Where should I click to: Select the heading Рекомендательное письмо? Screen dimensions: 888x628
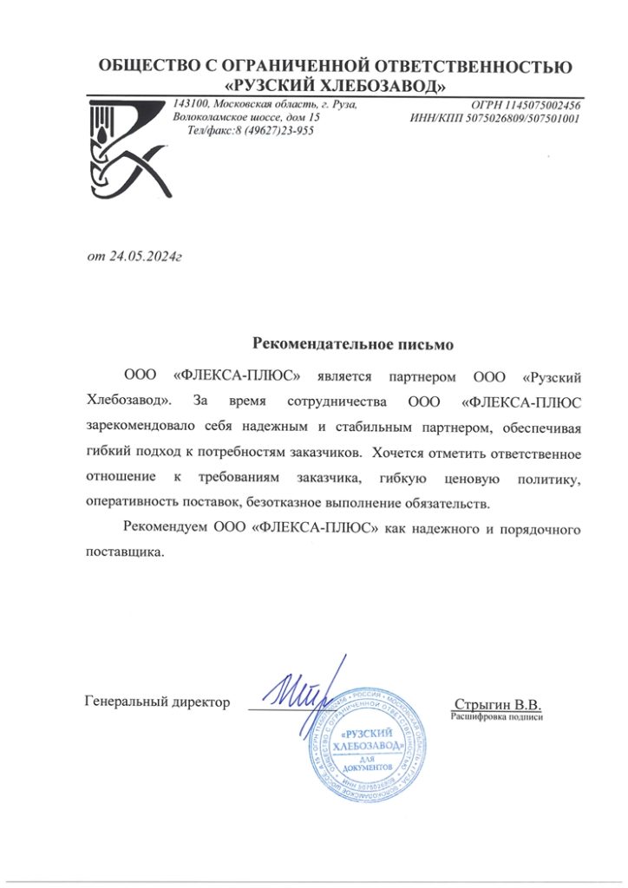[353, 344]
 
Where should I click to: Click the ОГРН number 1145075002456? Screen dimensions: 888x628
[539, 105]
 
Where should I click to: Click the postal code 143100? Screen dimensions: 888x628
[192, 104]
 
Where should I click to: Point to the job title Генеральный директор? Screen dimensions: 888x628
[158, 702]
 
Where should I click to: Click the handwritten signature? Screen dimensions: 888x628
[295, 689]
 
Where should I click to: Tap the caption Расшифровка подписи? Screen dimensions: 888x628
[497, 717]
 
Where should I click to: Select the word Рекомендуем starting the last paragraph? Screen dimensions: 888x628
[164, 528]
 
